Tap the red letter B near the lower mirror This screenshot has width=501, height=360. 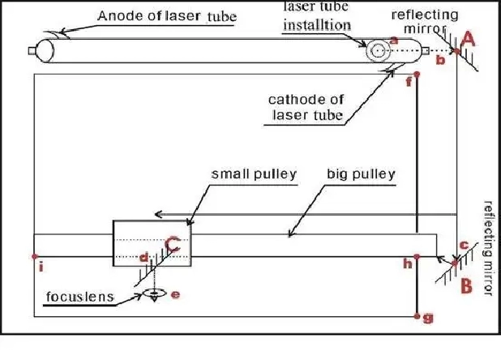tap(466, 285)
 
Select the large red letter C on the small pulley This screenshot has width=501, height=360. tap(173, 245)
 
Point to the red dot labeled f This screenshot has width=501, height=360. tap(417, 75)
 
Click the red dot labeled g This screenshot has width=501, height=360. tap(417, 316)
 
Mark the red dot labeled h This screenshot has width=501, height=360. tap(417, 256)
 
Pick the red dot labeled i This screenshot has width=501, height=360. tap(35, 256)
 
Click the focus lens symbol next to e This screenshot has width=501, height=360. tap(155, 294)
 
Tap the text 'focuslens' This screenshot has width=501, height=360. tap(80, 297)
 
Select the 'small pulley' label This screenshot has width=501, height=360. tap(254, 174)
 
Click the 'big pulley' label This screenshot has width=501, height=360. tap(361, 174)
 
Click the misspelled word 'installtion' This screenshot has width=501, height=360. tap(317, 25)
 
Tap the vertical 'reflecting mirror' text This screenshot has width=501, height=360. tap(489, 248)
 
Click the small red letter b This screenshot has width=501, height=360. tap(440, 60)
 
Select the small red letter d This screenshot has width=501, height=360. tap(144, 258)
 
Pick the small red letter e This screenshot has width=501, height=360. tap(175, 294)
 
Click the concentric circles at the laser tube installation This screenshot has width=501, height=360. tap(378, 50)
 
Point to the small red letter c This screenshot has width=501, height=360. tap(464, 246)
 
